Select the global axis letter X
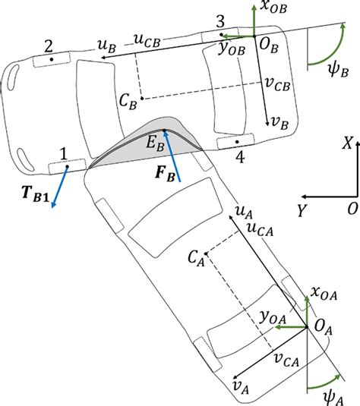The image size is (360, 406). point(346,163)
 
